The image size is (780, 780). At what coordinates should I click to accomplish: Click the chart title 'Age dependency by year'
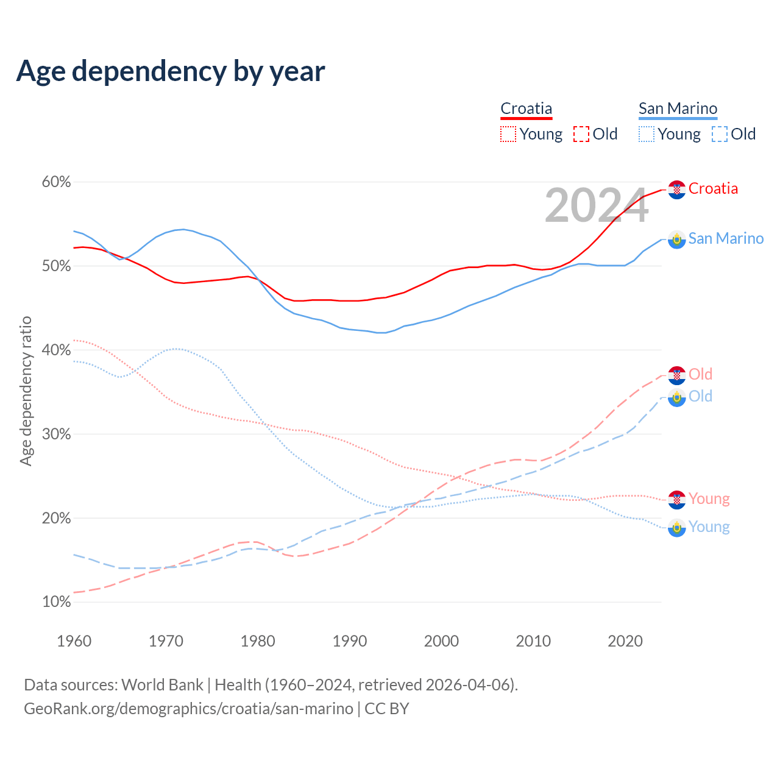tap(171, 71)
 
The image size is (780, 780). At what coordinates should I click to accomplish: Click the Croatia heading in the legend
tap(526, 108)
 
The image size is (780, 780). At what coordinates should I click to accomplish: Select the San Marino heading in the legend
tap(678, 108)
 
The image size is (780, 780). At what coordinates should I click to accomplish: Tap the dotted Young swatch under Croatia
tap(508, 134)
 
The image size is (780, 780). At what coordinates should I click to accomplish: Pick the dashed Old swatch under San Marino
tap(719, 134)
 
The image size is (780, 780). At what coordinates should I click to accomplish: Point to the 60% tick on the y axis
tap(57, 182)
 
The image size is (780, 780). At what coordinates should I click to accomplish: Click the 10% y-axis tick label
tap(57, 602)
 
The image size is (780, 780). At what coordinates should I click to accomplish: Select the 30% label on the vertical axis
tap(57, 434)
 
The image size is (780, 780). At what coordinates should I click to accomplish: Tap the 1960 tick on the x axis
tap(74, 641)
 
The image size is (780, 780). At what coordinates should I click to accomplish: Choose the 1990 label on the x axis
tap(350, 641)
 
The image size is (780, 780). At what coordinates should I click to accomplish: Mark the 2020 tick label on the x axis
tap(625, 641)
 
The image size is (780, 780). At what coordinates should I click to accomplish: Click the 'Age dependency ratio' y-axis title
tap(26, 391)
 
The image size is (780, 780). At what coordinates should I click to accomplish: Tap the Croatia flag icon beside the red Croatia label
tap(677, 190)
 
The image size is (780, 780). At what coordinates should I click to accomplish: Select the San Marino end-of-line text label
tap(726, 238)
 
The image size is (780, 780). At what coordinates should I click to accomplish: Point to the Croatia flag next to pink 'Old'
tap(677, 375)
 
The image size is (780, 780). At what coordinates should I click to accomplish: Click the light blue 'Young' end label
tap(709, 526)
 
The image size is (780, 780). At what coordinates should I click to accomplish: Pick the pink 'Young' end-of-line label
tap(709, 498)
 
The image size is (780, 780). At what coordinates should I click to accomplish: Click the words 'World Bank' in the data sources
tap(162, 685)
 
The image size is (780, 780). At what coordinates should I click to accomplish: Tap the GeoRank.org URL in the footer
tap(188, 709)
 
